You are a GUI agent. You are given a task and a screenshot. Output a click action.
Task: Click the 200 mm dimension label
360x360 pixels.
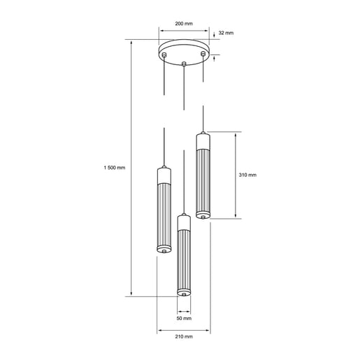[184, 23]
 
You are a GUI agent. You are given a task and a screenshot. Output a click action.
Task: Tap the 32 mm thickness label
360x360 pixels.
[226, 33]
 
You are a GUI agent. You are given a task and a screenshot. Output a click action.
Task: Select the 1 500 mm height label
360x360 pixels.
[113, 168]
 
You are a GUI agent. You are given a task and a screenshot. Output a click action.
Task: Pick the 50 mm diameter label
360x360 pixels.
[183, 318]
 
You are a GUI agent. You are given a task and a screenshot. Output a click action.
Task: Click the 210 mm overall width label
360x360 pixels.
[183, 336]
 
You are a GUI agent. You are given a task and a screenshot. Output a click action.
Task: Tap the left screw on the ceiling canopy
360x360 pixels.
[164, 54]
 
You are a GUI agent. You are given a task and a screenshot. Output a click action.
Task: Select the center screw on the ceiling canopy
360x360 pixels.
[183, 64]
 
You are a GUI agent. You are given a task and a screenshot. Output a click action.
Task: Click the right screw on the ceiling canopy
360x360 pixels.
[203, 53]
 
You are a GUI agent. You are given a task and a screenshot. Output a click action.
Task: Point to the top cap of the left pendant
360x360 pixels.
[164, 174]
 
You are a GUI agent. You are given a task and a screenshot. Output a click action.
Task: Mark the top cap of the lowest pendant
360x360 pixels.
[183, 222]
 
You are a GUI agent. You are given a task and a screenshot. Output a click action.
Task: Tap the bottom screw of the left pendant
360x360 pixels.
[164, 248]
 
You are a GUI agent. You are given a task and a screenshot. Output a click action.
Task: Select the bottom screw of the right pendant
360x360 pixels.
[203, 217]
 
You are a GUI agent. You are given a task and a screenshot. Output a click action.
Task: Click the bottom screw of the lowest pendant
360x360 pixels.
[183, 296]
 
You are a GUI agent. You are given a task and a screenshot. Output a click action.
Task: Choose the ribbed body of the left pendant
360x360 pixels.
[164, 213]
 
